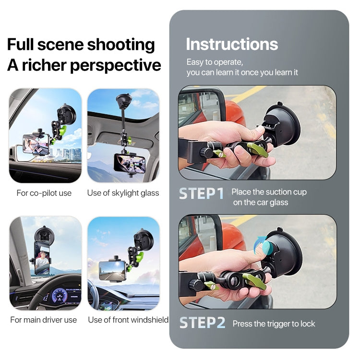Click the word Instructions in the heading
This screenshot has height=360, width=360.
[x=232, y=45]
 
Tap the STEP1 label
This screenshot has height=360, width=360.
[x=202, y=193]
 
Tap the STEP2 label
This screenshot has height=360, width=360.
[x=202, y=323]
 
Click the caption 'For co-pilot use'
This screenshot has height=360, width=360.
[x=44, y=193]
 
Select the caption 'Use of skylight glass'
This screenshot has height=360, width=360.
[x=123, y=193]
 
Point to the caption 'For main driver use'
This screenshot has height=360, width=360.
[x=44, y=320]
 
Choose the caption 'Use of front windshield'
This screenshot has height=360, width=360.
[x=128, y=320]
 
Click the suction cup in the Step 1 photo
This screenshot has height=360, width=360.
[x=283, y=126]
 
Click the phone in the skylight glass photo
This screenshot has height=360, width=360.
[x=129, y=164]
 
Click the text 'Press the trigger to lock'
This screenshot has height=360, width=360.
[x=274, y=324]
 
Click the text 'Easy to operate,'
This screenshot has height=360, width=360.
[x=215, y=62]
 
